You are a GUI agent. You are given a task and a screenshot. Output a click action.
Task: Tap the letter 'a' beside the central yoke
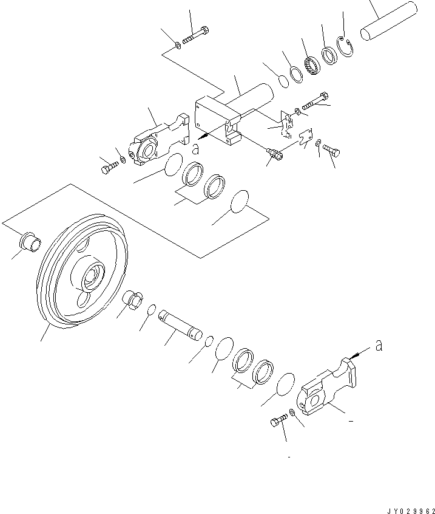[x=195, y=148]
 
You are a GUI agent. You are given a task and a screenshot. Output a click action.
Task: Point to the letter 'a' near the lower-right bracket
[x=379, y=346]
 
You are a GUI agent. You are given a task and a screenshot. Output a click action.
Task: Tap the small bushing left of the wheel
[x=32, y=242]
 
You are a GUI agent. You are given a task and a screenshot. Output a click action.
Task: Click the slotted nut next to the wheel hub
[x=133, y=301]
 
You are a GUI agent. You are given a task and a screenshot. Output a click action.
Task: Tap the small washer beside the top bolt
[x=177, y=44]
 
